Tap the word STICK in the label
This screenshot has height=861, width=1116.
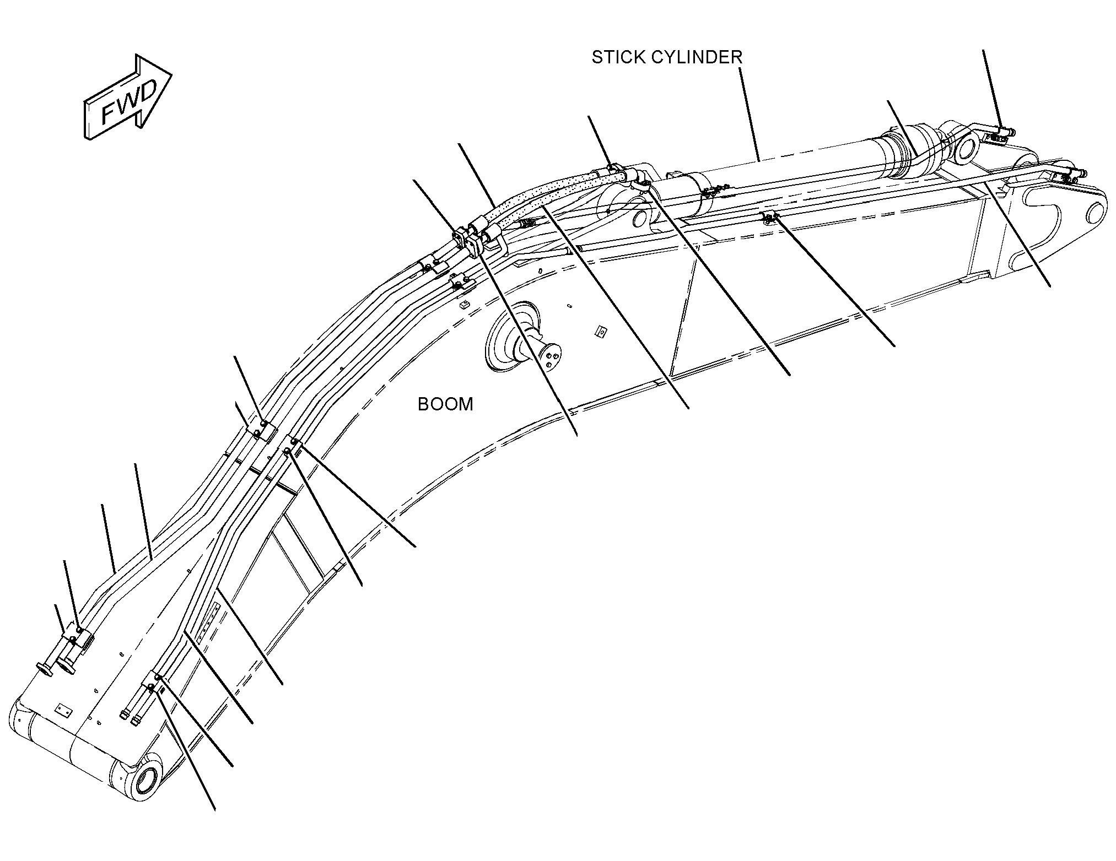click(x=616, y=57)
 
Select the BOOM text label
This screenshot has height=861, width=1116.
click(x=445, y=404)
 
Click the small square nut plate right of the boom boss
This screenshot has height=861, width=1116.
click(x=601, y=332)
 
